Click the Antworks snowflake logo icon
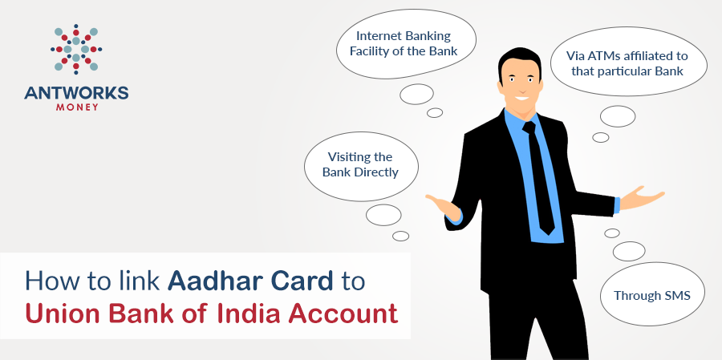point(76,49)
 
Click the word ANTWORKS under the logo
point(76,94)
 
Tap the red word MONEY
point(77,107)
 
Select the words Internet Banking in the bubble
point(404,36)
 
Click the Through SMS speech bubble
point(652,294)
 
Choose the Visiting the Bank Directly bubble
point(361,166)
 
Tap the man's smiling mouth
point(521,97)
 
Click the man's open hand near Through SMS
point(642,198)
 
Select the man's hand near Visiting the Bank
point(444,207)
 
